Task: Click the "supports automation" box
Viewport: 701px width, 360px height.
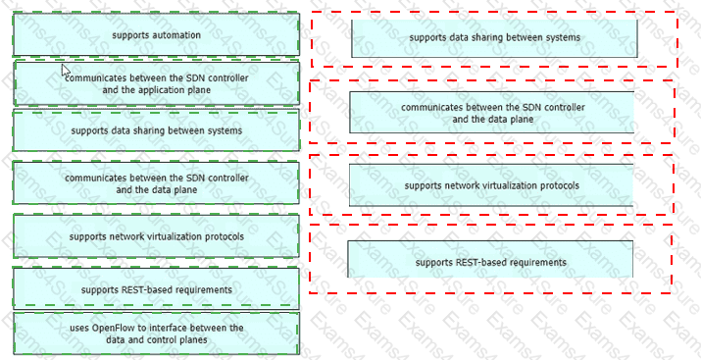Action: [x=157, y=34]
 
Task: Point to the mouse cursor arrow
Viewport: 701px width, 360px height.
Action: [x=66, y=71]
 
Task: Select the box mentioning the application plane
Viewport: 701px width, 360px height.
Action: [x=157, y=83]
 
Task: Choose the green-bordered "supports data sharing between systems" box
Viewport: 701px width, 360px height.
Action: [x=157, y=130]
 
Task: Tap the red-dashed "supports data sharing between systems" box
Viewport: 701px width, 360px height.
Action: [x=494, y=38]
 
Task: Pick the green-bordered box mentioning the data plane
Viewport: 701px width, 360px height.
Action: [x=157, y=183]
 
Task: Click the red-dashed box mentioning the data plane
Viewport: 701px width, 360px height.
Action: [x=492, y=113]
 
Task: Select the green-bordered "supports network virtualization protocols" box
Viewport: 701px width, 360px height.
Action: [x=157, y=236]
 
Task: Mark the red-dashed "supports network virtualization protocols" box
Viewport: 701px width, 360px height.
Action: [x=491, y=185]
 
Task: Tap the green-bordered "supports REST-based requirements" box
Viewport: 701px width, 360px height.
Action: [x=157, y=289]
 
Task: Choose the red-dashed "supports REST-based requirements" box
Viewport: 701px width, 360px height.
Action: [x=490, y=259]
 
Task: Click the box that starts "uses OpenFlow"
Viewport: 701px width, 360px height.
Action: [x=157, y=334]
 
